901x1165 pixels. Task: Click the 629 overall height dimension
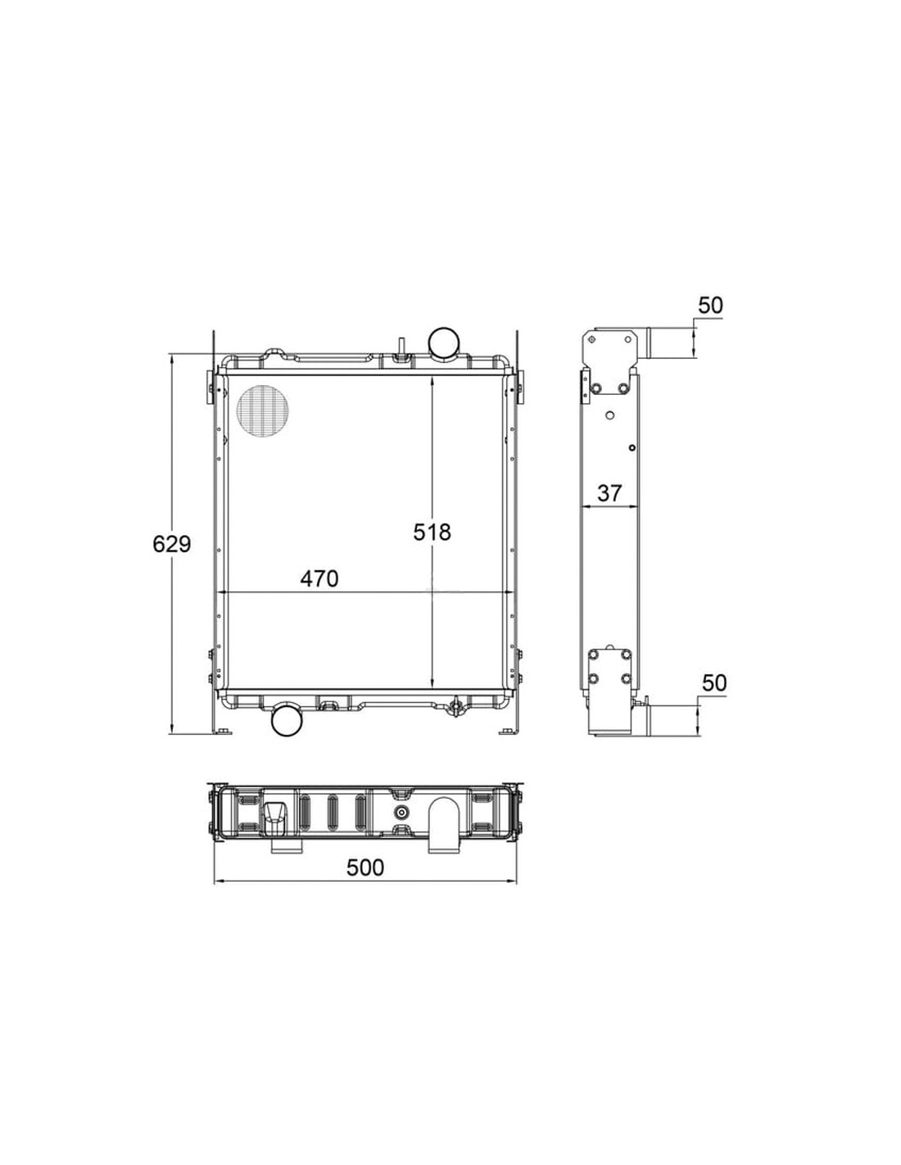coord(171,544)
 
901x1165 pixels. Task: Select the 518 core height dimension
coord(432,532)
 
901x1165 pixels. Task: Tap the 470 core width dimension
coord(319,578)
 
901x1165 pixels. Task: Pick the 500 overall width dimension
coord(365,882)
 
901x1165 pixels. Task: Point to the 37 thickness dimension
coord(609,493)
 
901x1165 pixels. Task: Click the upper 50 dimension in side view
coord(710,305)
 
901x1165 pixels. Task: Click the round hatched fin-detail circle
coord(263,410)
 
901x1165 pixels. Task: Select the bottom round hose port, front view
coord(288,721)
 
